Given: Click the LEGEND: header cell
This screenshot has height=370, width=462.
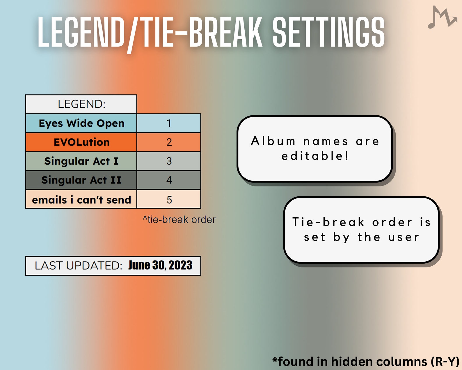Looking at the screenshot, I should (81, 104).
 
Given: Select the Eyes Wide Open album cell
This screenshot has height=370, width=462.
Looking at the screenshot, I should (81, 123).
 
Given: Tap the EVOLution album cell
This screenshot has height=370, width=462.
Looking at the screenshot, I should (81, 142).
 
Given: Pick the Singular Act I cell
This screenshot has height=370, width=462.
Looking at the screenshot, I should (81, 161).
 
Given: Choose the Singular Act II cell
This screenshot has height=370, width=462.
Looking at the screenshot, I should (81, 180).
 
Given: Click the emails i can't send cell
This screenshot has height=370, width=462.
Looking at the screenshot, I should (81, 200).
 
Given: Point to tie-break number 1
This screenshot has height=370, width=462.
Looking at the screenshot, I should (169, 123).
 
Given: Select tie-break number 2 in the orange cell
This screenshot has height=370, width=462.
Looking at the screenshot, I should (169, 142).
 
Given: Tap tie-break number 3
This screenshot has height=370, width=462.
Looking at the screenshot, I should (169, 161).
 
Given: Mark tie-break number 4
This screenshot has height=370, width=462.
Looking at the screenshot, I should (169, 180).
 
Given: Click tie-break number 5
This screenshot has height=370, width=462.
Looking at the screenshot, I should (169, 200).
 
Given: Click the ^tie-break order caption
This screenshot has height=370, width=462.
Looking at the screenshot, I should (179, 219).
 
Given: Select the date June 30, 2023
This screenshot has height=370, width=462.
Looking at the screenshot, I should (160, 265).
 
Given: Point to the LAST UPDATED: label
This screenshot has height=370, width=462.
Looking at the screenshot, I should (78, 266).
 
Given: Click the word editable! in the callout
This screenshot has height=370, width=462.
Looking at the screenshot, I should (315, 156).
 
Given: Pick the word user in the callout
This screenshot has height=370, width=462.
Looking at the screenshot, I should (404, 237).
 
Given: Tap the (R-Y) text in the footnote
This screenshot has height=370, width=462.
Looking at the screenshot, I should (445, 362).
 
